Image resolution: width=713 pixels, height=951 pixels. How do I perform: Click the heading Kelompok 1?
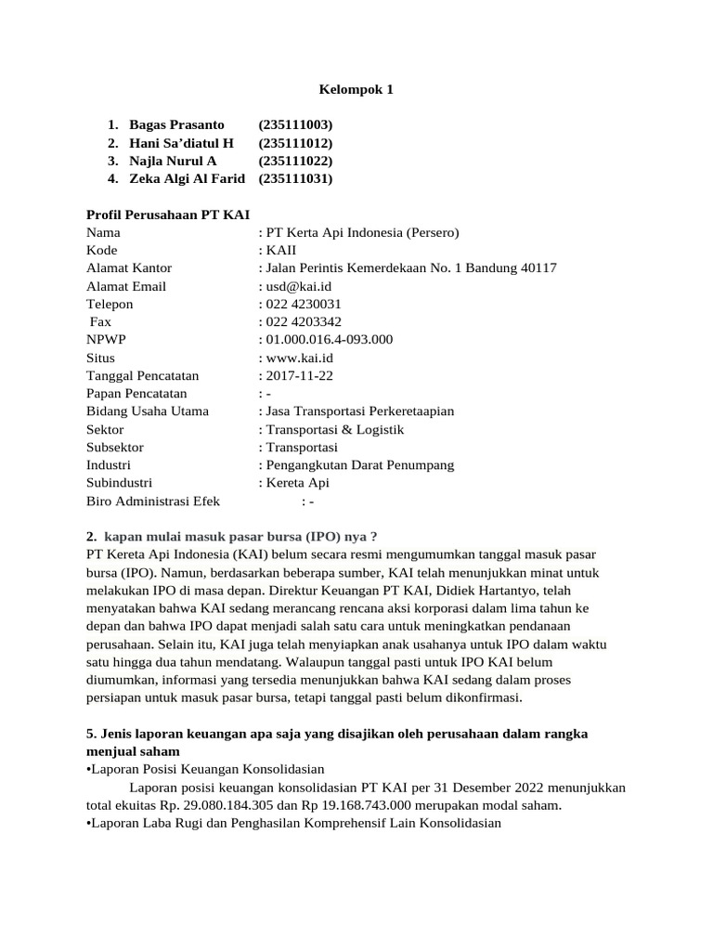click(356, 90)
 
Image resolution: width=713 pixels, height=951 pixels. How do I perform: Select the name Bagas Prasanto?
click(176, 125)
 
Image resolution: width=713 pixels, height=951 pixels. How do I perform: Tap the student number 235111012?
click(296, 143)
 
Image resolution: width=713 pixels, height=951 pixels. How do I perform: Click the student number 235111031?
click(296, 178)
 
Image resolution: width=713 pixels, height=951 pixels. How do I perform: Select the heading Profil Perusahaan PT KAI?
click(167, 215)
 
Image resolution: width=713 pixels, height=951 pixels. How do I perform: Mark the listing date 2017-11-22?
click(299, 375)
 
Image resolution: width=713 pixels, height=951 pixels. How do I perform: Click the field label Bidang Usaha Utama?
click(148, 411)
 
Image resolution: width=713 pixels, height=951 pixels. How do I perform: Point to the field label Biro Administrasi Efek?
click(153, 501)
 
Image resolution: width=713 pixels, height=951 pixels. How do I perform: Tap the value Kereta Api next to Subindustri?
click(297, 483)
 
